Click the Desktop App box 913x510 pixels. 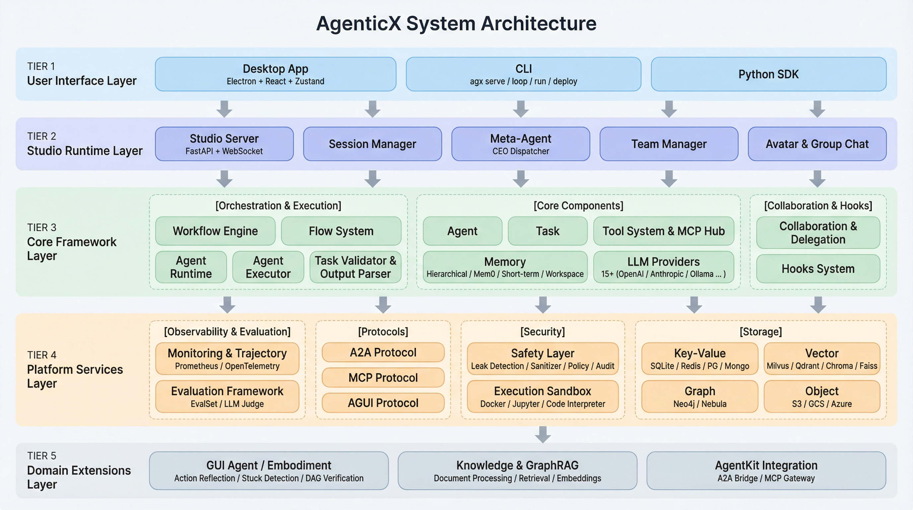[275, 74]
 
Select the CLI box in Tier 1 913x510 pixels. [523, 74]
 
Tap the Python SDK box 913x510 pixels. [768, 74]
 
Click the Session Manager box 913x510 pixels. [372, 144]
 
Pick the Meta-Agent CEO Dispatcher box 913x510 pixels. [520, 144]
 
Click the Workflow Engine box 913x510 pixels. [215, 231]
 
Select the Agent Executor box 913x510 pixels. [268, 267]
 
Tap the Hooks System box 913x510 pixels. [818, 269]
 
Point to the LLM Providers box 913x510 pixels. [663, 267]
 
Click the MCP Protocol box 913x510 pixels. [383, 378]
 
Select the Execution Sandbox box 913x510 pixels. [542, 396]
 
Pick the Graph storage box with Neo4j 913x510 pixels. [699, 396]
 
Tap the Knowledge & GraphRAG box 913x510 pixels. [517, 470]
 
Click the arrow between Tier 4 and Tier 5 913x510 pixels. [543, 434]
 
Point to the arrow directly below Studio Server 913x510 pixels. [224, 179]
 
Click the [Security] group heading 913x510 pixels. [542, 332]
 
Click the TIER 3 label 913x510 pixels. [42, 227]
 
